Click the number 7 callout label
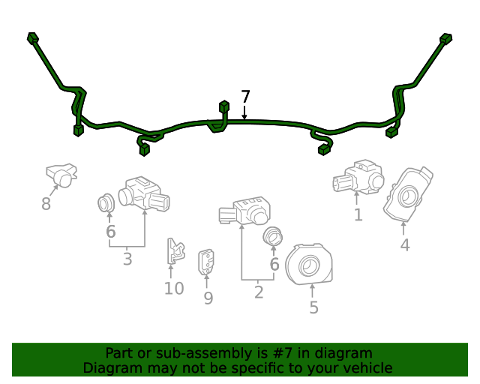245,97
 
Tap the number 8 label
46,204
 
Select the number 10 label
173,289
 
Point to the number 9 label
208,298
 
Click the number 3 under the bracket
127,259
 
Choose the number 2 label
259,292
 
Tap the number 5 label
313,307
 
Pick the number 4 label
404,245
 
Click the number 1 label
358,215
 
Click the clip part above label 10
175,251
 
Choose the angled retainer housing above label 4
407,194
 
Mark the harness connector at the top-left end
32,37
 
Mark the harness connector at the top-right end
446,38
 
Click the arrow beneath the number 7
244,112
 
